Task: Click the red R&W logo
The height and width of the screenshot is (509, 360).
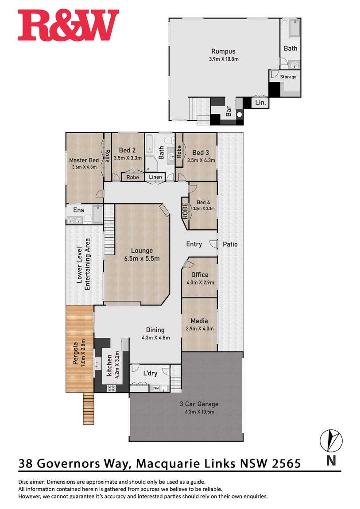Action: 69,25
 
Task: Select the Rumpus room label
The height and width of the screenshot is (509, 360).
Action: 223,51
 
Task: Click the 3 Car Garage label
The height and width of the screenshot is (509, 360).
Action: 199,404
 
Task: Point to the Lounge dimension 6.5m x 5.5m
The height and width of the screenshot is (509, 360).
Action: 142,259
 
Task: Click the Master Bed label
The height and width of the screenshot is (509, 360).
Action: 84,160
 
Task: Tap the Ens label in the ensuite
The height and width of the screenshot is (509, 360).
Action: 78,210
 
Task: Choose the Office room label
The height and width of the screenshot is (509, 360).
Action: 200,274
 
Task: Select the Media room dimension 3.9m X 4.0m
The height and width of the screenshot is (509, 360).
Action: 200,328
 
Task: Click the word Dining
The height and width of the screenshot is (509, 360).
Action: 155,330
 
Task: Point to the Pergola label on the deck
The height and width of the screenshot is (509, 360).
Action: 76,353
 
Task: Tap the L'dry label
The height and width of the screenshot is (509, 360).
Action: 150,373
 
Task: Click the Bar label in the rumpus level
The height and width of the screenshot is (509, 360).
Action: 228,112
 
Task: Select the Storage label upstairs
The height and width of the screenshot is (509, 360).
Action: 288,77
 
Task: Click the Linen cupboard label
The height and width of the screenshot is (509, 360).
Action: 155,177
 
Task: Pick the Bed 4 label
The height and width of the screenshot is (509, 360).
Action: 204,202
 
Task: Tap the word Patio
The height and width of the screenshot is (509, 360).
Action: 230,244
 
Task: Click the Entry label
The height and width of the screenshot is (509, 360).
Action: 194,244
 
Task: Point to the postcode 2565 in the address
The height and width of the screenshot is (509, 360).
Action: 286,463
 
